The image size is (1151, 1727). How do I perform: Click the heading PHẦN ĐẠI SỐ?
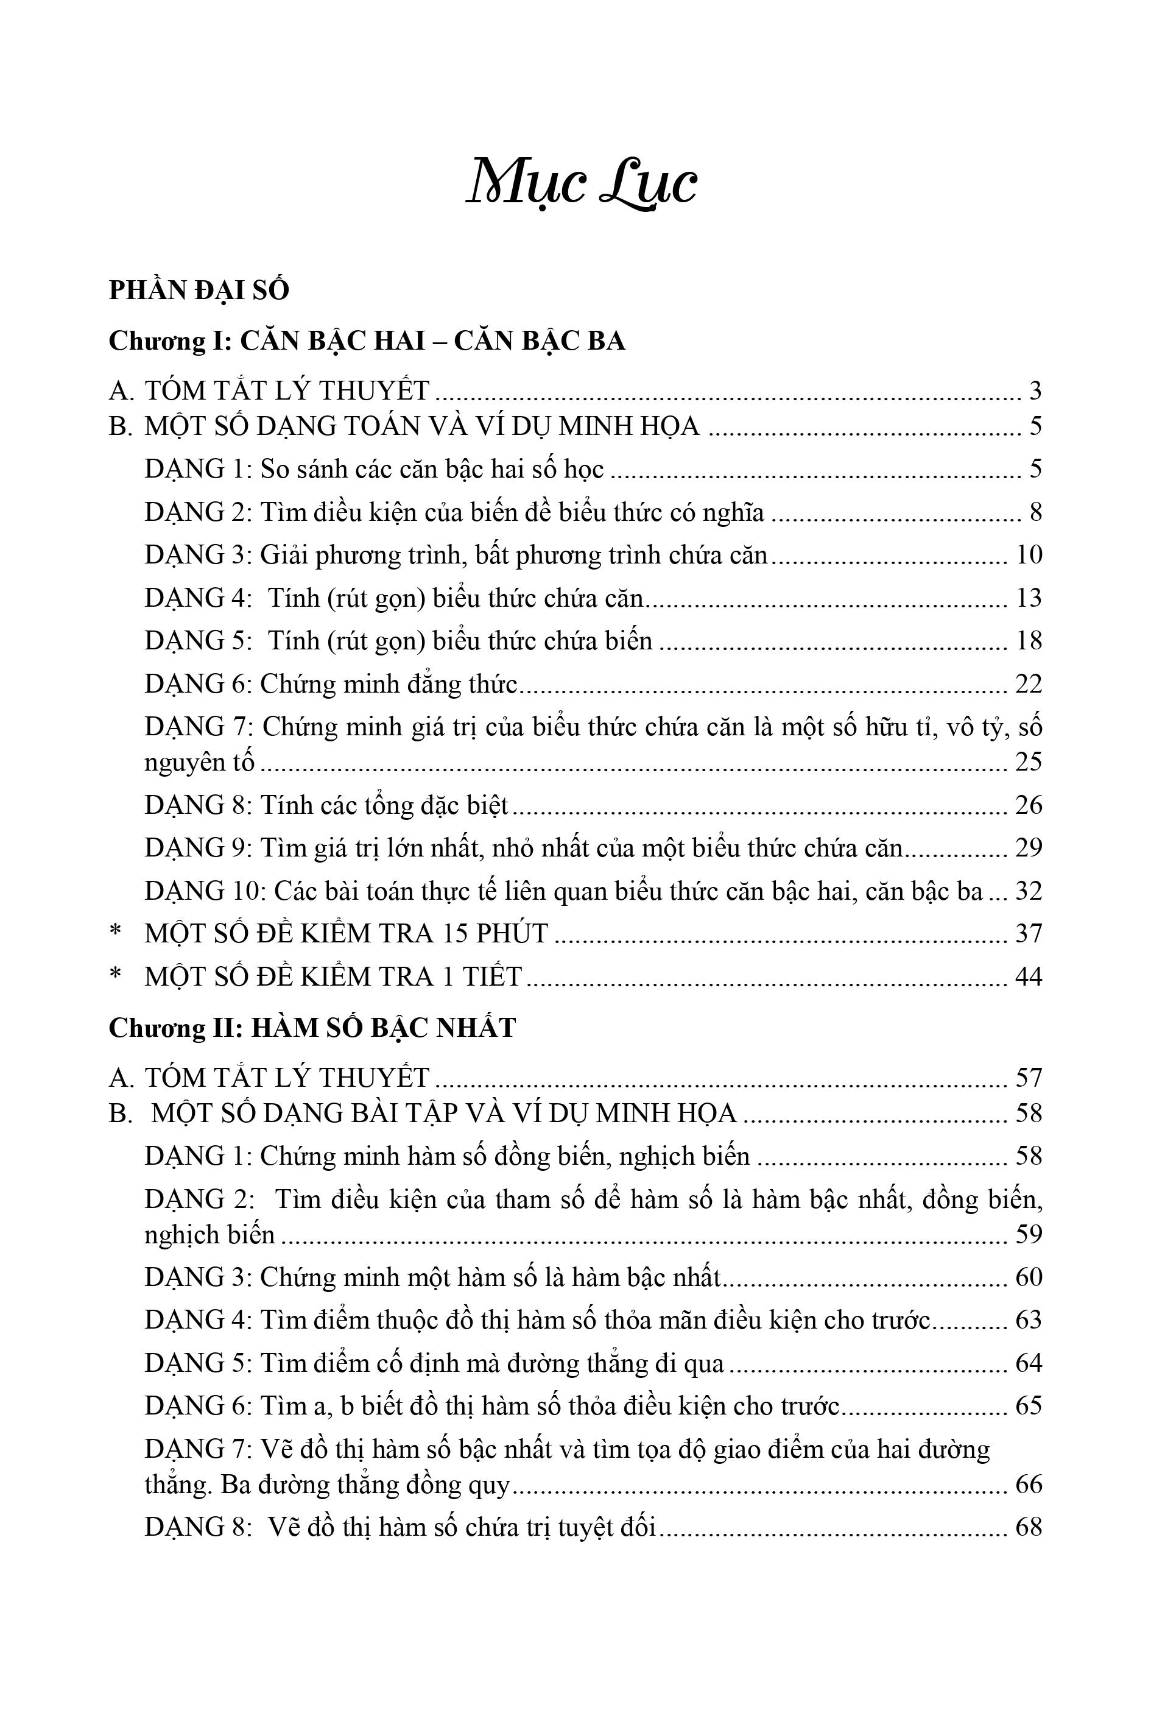pos(199,291)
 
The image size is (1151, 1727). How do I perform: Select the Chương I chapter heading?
pos(367,341)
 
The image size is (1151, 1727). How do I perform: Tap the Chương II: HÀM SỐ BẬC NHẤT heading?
pos(312,1027)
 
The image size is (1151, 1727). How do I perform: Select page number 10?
pos(1029,555)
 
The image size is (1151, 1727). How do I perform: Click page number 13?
pos(1029,598)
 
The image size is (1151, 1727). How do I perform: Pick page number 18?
pos(1029,640)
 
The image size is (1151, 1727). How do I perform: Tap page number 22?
pos(1029,683)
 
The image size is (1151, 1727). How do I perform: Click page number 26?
pos(1029,805)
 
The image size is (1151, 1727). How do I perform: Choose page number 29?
pos(1029,847)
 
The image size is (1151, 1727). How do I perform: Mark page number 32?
pos(1029,891)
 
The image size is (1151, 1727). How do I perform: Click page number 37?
pos(1029,933)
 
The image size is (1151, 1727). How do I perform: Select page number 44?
pos(1029,976)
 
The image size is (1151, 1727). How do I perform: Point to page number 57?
pos(1029,1077)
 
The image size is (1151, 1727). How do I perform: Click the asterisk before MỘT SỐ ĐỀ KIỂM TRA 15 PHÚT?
pos(115,933)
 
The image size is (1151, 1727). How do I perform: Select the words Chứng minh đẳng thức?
pos(389,683)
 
